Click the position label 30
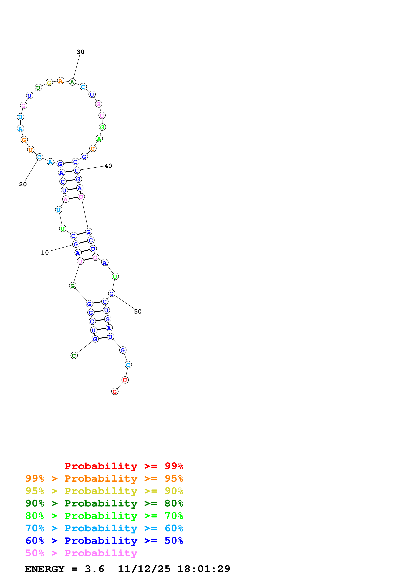click(81, 52)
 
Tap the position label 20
click(23, 185)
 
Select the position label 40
click(108, 166)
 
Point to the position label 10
click(45, 253)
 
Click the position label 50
click(138, 312)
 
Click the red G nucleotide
click(115, 392)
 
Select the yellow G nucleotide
click(49, 82)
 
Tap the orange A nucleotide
click(61, 81)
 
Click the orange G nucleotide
click(24, 140)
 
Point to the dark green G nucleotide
click(73, 286)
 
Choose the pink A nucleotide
click(66, 199)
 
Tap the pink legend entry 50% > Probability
click(81, 553)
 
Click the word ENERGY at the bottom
click(45, 569)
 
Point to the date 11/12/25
click(144, 569)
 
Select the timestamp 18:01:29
click(204, 569)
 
